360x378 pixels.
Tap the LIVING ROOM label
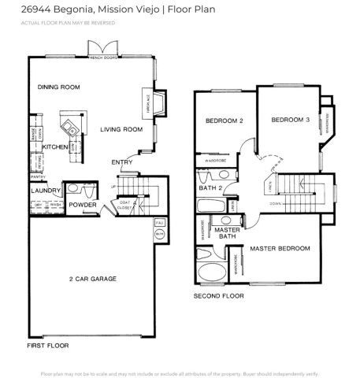pos(121,129)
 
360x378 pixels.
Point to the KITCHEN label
pos(55,147)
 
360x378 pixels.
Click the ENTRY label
pos(121,162)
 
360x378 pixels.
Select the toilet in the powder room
pos(72,189)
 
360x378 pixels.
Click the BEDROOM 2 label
pos(224,120)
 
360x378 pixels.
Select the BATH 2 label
pos(209,188)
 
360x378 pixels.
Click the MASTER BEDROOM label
pos(280,249)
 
